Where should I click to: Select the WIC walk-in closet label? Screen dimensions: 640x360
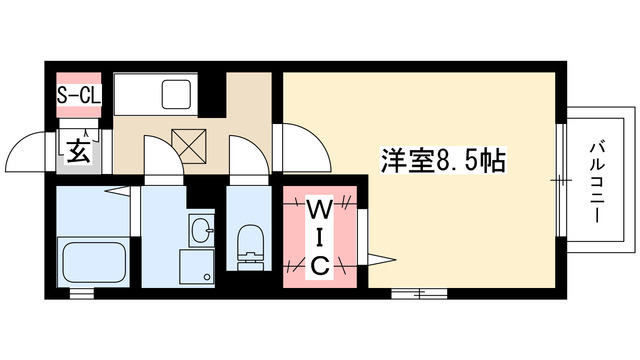coord(319,237)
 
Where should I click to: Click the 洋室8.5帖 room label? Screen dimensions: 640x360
coord(440,159)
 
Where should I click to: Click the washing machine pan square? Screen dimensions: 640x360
coord(196,267)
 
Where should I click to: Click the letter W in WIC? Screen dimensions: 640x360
coord(319,210)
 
